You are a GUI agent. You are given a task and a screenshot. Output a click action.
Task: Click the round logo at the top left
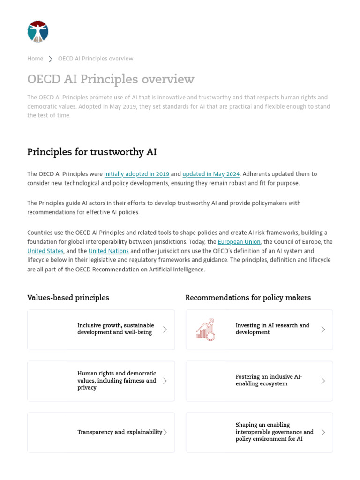[x=38, y=32]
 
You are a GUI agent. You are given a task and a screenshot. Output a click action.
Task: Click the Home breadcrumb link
[x=35, y=59]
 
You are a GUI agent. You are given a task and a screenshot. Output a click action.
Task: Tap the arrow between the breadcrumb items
[x=51, y=59]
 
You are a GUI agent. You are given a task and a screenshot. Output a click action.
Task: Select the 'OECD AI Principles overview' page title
[x=111, y=79]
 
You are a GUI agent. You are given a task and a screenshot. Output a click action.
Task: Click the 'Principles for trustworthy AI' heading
[x=92, y=152]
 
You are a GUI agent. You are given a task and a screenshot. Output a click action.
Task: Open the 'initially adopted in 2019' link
[x=136, y=174]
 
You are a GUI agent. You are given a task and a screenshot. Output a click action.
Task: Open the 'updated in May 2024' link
[x=211, y=174]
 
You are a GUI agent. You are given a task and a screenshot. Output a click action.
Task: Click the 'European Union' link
[x=239, y=242]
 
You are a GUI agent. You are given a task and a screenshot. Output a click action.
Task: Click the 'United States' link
[x=45, y=251]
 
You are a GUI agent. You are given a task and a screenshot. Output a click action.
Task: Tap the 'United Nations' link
[x=109, y=251]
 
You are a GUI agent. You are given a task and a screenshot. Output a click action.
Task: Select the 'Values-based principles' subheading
[x=68, y=298]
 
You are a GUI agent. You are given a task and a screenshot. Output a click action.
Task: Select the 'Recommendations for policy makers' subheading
[x=248, y=298]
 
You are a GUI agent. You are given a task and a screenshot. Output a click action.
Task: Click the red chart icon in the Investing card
[x=205, y=330]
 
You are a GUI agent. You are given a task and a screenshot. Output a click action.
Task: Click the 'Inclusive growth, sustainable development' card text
[x=115, y=329]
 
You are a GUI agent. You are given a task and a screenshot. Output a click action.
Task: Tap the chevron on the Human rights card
[x=165, y=381]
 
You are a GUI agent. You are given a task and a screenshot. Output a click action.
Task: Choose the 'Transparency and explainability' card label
[x=120, y=432]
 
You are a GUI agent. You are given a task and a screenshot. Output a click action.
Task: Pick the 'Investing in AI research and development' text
[x=272, y=329]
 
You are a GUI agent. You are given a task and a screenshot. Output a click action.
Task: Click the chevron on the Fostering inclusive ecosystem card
[x=323, y=381]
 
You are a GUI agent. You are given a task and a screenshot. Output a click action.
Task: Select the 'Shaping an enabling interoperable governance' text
[x=274, y=432]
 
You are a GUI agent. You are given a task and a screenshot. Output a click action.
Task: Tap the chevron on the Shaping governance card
[x=323, y=432]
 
